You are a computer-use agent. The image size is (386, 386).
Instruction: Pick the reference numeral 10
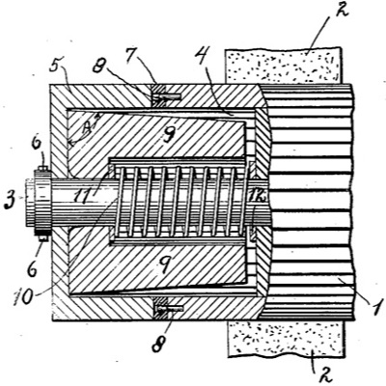click(x=23, y=297)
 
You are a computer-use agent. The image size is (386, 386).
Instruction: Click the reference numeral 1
click(x=375, y=307)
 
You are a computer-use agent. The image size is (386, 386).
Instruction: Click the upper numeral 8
click(x=99, y=68)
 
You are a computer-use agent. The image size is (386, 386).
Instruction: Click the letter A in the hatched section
click(x=85, y=129)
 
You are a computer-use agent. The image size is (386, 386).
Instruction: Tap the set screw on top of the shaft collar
click(x=43, y=171)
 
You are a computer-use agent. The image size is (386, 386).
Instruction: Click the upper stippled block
click(x=283, y=66)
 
